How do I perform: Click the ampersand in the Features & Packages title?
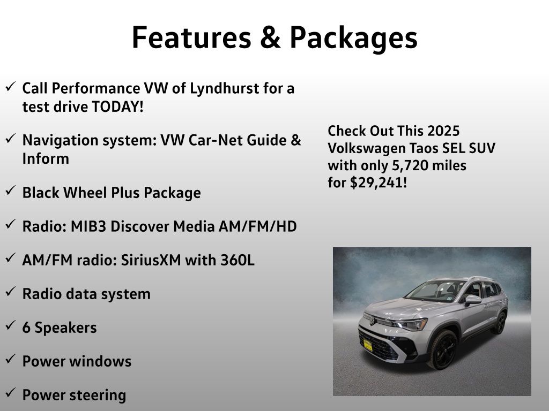point(270,37)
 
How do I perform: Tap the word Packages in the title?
point(354,39)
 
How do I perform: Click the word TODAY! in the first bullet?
point(117,106)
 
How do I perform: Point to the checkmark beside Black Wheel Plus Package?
point(11,191)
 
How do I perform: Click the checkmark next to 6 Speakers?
point(11,326)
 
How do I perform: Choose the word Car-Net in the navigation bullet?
point(216,140)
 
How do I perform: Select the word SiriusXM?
point(151,261)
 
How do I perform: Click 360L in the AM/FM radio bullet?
point(238,261)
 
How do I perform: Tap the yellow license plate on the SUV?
point(368,346)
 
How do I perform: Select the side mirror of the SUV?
point(473,300)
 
